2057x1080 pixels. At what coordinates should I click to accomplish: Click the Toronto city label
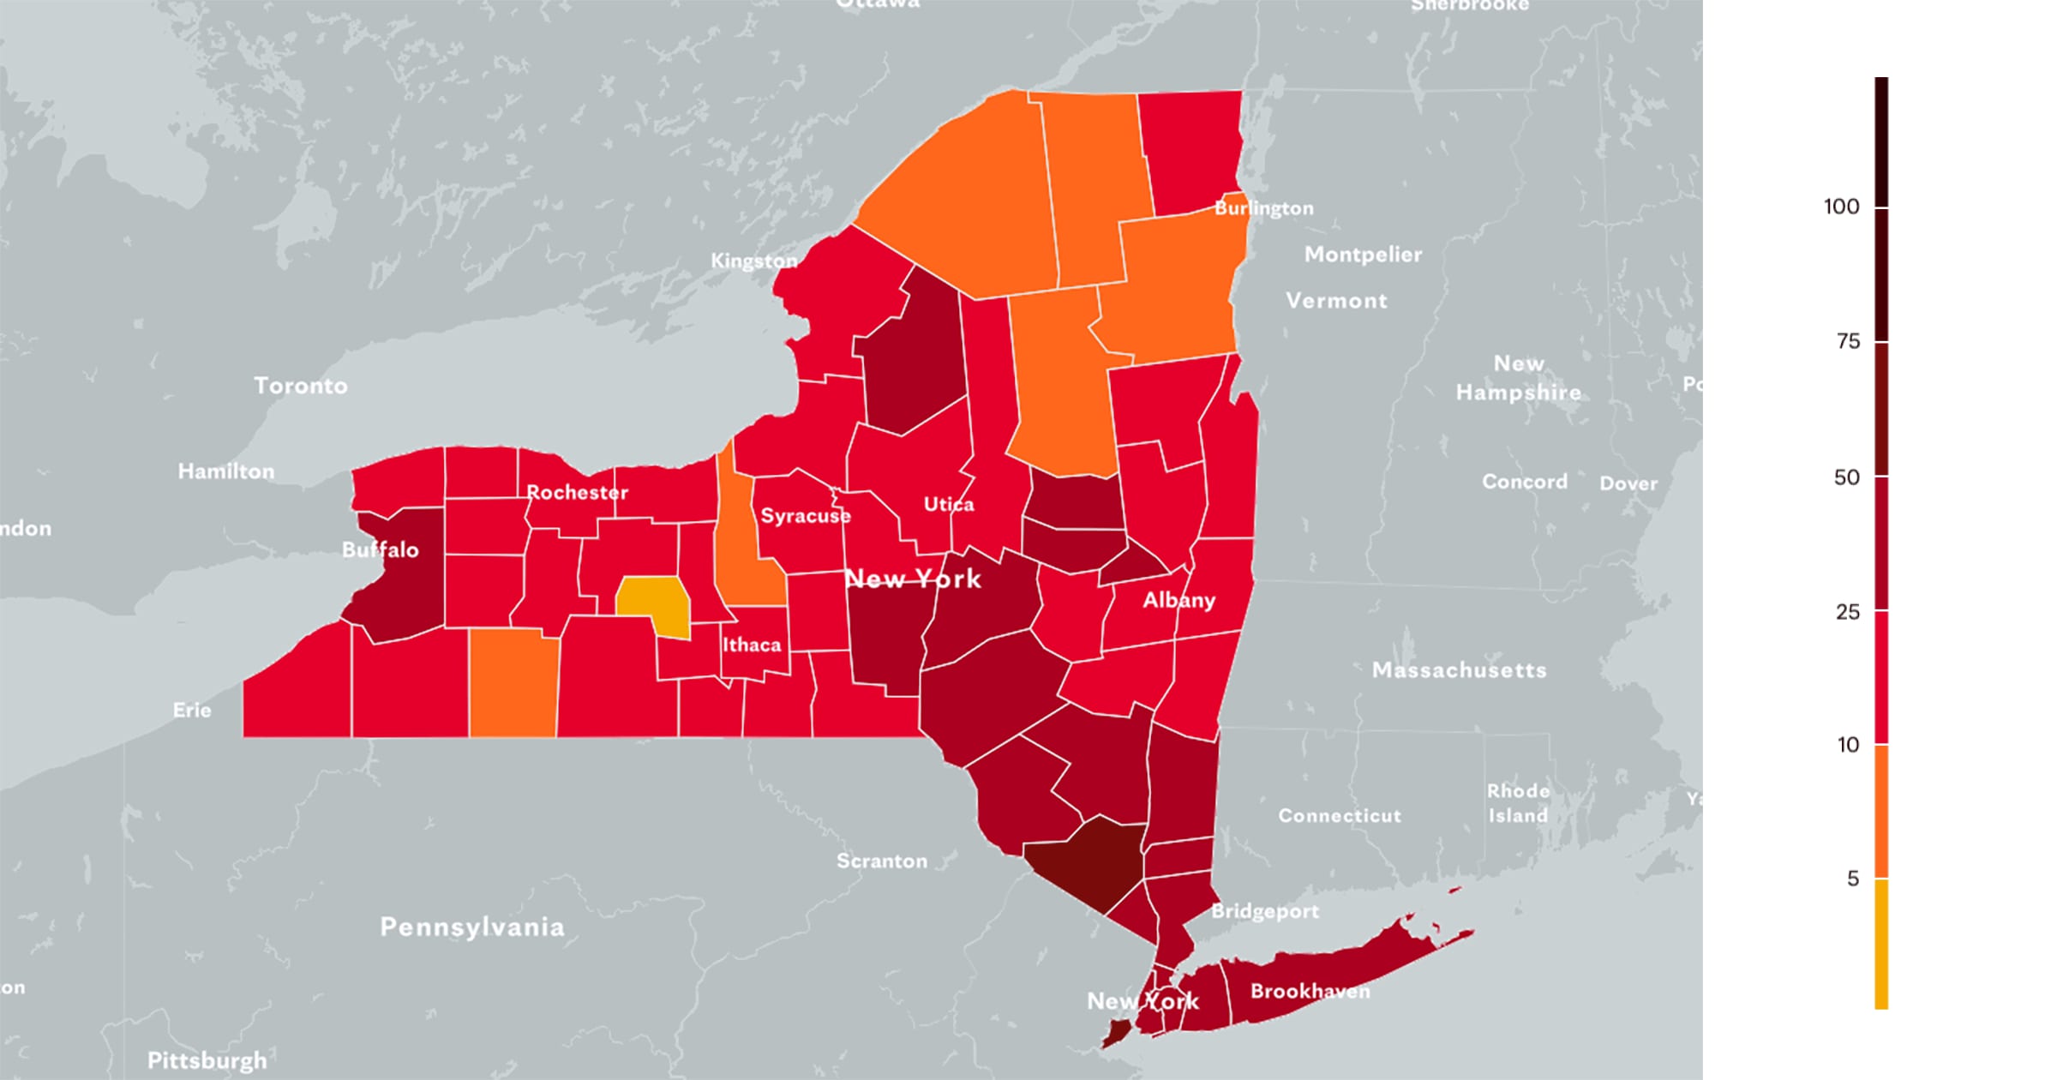click(301, 386)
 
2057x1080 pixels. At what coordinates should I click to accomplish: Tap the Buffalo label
click(380, 549)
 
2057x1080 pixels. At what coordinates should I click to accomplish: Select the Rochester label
click(577, 492)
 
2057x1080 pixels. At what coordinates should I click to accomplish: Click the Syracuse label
click(806, 515)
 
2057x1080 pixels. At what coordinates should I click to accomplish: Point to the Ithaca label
click(752, 645)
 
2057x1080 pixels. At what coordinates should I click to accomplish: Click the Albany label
click(1178, 599)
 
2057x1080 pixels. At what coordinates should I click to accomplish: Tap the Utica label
click(949, 504)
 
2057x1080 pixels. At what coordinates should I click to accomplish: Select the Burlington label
click(1264, 208)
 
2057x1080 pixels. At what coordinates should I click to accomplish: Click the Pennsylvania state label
click(472, 927)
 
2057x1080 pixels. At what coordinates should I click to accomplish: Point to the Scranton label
click(882, 861)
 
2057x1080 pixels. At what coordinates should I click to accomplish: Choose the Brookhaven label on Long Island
click(1310, 991)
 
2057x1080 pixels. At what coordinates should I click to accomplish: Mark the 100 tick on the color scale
click(1841, 207)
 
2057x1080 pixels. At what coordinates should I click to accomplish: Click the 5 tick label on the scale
click(1853, 879)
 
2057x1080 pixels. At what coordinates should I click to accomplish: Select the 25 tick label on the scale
click(1848, 612)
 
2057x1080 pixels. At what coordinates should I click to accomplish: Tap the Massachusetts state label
click(1459, 669)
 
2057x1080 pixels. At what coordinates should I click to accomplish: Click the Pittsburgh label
click(207, 1060)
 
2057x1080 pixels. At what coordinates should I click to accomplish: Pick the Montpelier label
click(1363, 255)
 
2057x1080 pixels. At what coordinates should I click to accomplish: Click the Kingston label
click(753, 261)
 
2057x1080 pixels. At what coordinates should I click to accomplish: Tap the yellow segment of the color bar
click(1881, 943)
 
